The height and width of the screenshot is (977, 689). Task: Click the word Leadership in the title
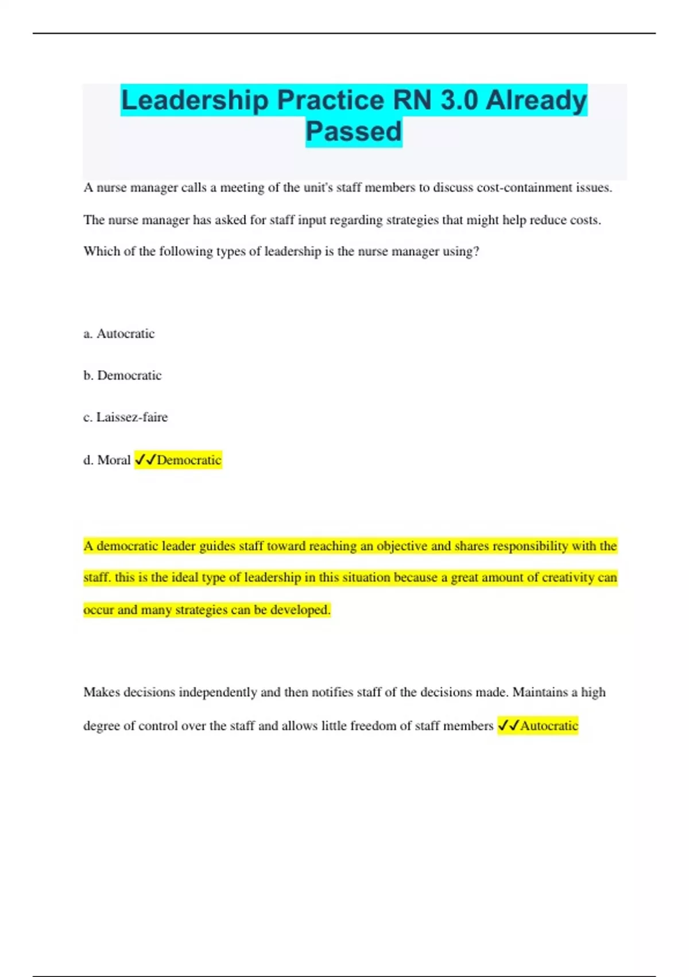coord(195,101)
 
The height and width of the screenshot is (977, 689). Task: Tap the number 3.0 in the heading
coord(459,101)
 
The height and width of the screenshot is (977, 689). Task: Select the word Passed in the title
coord(354,132)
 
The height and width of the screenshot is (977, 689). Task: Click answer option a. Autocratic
coord(119,334)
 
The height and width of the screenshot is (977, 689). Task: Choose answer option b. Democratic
coord(122,376)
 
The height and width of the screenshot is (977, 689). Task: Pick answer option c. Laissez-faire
coord(126,417)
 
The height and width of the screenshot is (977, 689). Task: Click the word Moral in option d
coord(114,460)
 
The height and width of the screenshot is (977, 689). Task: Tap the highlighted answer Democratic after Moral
coord(189,460)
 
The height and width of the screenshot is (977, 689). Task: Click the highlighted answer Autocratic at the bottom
coord(549,726)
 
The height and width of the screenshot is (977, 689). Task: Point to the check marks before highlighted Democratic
coord(145,460)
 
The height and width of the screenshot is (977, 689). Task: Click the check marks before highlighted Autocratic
coord(509,726)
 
